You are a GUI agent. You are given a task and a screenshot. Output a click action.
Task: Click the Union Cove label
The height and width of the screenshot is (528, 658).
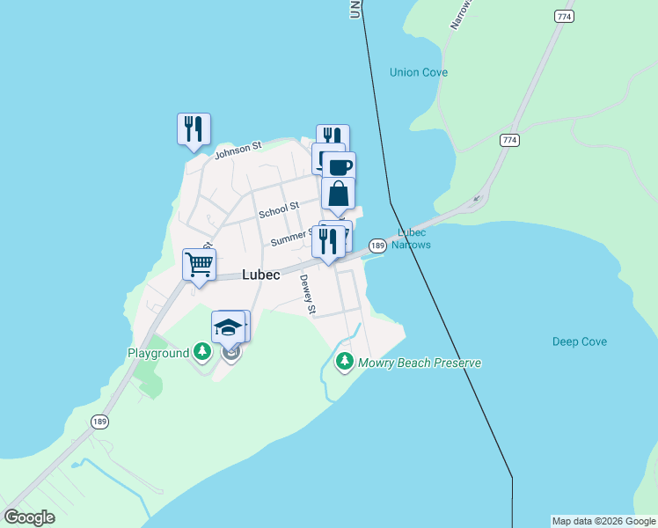(419, 72)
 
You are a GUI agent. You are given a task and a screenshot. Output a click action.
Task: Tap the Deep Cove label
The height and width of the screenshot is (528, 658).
(580, 341)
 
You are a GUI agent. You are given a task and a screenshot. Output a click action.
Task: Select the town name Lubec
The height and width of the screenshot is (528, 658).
(261, 275)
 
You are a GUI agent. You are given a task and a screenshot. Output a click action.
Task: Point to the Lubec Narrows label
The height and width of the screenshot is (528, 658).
(412, 238)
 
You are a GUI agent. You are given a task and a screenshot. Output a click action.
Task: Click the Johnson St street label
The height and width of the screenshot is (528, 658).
(238, 150)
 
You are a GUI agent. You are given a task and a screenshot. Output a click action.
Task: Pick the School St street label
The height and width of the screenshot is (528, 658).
(279, 211)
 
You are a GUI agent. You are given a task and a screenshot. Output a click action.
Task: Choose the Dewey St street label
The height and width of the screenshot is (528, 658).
(308, 294)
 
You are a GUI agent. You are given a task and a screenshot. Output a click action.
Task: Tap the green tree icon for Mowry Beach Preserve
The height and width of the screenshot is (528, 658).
(344, 361)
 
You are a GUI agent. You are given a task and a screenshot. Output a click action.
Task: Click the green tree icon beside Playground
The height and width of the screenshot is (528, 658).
(203, 353)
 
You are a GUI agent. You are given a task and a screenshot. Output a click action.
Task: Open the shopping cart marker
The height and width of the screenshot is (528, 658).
(200, 263)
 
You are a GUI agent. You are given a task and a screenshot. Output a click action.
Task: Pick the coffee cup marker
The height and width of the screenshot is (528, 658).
(339, 165)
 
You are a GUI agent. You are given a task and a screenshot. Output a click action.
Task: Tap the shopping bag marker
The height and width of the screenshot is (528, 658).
(338, 193)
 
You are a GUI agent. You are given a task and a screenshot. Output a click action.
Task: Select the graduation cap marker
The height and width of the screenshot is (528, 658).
(228, 326)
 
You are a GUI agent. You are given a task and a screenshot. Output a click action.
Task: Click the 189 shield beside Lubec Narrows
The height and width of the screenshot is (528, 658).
(377, 246)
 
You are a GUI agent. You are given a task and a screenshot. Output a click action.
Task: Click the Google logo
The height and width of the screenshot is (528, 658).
(29, 517)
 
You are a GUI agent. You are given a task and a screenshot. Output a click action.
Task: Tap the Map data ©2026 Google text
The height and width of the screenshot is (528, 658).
(603, 521)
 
